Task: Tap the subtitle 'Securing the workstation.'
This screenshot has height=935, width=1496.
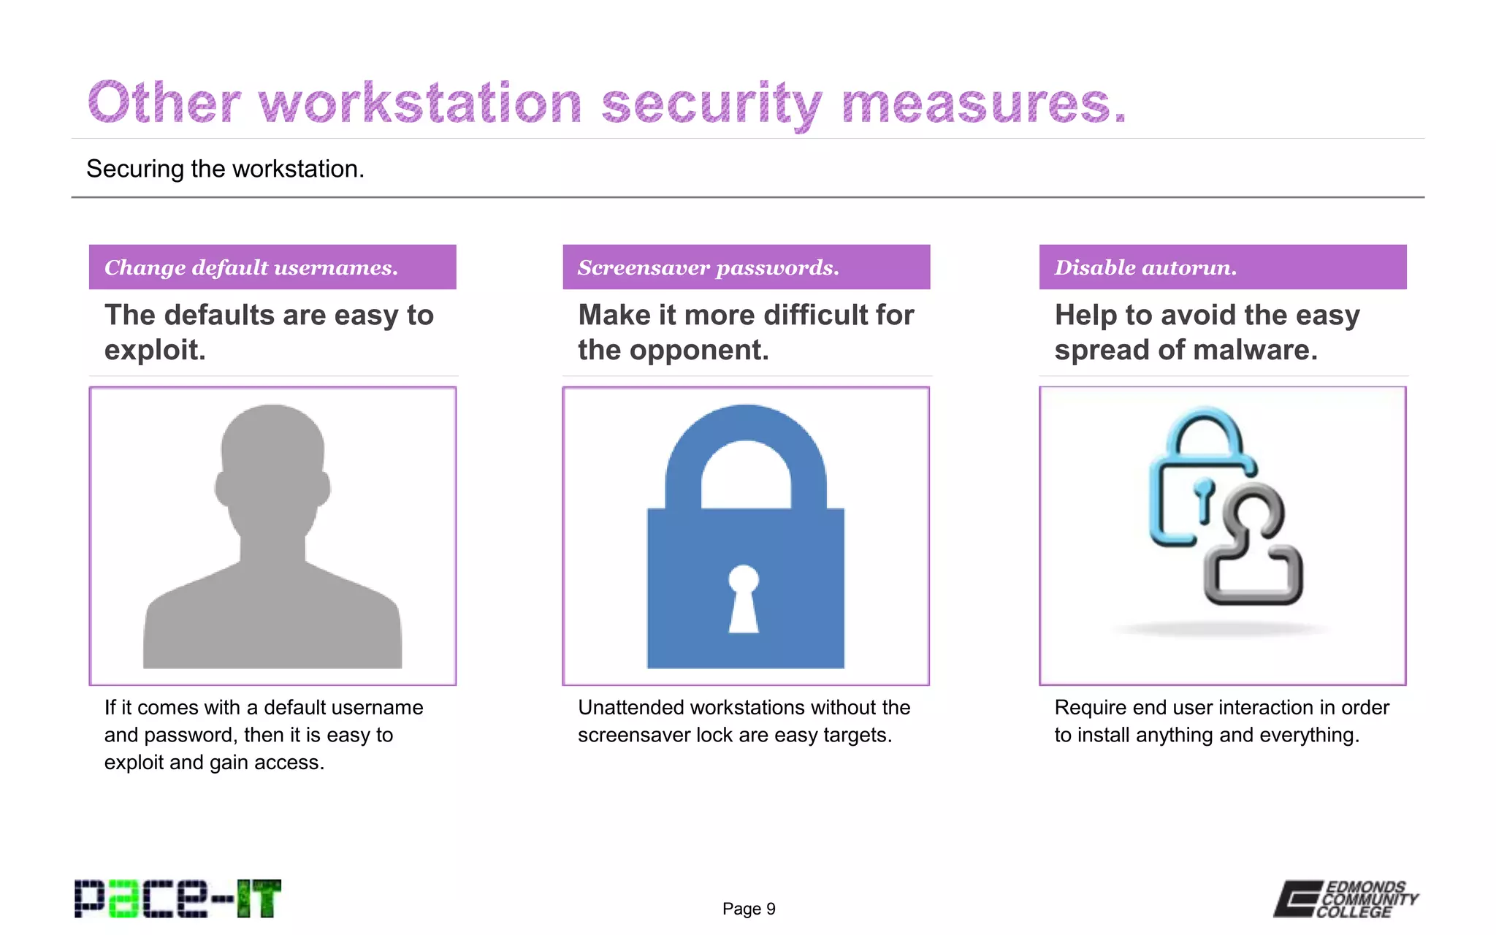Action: pos(225,169)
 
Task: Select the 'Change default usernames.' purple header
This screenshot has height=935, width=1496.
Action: pos(272,267)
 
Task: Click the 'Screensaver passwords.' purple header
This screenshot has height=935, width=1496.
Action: pos(746,267)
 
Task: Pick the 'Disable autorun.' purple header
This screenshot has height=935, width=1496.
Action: pos(1222,267)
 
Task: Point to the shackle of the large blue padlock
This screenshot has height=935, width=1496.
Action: pos(746,446)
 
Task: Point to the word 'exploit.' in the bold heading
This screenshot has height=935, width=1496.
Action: pos(155,351)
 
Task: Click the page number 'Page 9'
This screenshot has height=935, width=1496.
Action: pos(749,909)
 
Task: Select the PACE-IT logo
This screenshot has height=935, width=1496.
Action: pos(178,898)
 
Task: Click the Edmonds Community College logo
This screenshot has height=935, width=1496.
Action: pos(1346,899)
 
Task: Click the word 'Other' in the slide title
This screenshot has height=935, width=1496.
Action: pos(164,103)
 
